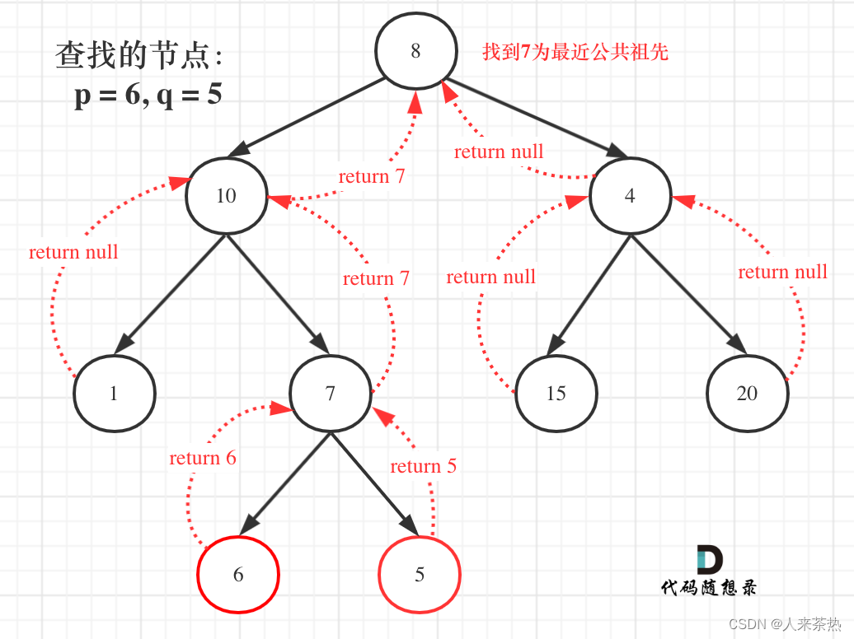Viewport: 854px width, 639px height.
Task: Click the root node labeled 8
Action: [415, 51]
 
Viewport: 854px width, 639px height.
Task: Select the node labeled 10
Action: [226, 196]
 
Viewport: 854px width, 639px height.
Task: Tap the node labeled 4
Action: [630, 197]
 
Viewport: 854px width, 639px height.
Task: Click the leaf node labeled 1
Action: [114, 394]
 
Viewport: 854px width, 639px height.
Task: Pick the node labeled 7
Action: [330, 394]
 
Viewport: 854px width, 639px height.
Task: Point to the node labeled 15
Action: [556, 394]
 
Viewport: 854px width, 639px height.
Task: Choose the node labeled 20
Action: [747, 394]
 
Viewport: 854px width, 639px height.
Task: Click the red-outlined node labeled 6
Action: [238, 575]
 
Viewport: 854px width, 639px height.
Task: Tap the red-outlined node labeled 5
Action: [419, 575]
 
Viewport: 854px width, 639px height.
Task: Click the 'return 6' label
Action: [203, 458]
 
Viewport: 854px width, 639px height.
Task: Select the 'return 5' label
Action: [423, 466]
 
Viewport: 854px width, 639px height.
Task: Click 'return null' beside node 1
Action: [73, 252]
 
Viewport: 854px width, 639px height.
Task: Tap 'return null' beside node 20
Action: [782, 272]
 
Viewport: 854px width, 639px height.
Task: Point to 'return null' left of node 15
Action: [490, 277]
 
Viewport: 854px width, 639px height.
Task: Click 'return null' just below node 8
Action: [499, 152]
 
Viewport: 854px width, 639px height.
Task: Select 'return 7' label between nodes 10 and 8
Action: [372, 176]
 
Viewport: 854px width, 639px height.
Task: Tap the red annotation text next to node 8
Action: [575, 53]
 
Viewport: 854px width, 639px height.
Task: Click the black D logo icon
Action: [709, 559]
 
